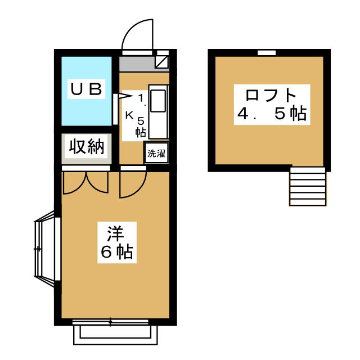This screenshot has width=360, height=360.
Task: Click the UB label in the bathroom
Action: [86, 88]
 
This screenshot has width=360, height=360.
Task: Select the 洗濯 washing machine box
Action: [157, 153]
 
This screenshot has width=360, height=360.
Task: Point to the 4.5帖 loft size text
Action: [271, 114]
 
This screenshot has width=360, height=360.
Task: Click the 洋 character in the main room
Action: [116, 233]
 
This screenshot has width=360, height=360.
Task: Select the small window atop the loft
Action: [267, 52]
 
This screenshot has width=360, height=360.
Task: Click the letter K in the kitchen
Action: [129, 115]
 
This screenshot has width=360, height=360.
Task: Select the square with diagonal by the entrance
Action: [163, 60]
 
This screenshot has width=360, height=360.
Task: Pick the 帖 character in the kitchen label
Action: [141, 132]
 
